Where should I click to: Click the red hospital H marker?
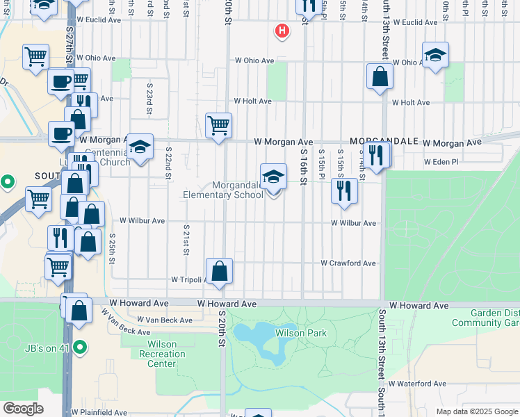(x=282, y=31)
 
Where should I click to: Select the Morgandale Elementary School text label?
(x=224, y=190)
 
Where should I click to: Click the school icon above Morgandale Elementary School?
(x=273, y=178)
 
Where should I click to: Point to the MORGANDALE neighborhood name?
(x=384, y=141)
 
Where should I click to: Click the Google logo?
(x=23, y=409)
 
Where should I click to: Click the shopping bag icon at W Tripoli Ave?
(x=219, y=272)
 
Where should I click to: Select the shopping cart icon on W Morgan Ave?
(x=218, y=126)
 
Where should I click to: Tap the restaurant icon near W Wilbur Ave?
(x=343, y=191)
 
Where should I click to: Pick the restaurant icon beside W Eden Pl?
(x=376, y=156)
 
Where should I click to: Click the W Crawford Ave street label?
(x=348, y=263)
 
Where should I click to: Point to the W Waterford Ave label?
(x=417, y=384)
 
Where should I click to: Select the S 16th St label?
(x=304, y=167)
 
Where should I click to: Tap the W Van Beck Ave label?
(x=165, y=320)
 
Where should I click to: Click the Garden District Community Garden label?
(x=485, y=318)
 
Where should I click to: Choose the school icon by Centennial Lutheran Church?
(x=140, y=147)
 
